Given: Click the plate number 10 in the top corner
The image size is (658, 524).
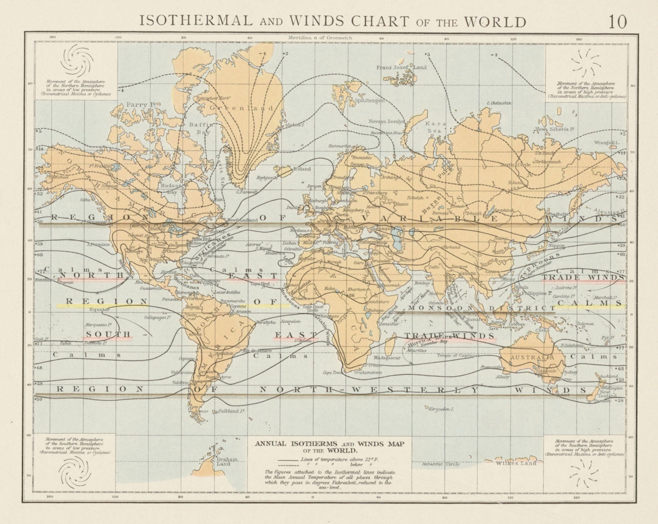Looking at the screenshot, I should click(x=618, y=22).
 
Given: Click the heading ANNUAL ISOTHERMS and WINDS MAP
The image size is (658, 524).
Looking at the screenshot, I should click(x=330, y=443).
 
